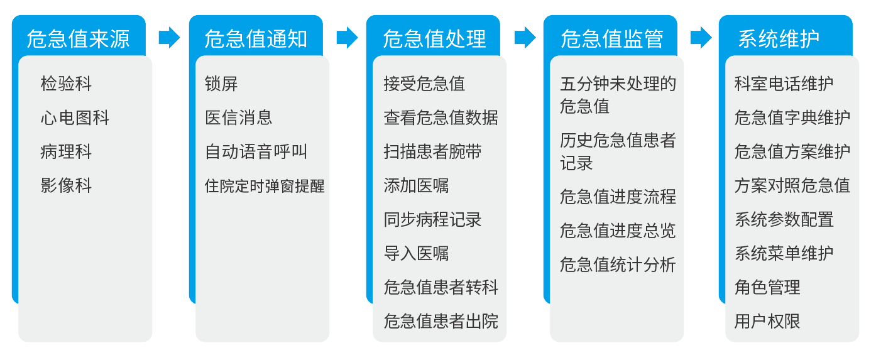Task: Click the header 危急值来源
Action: [78, 39]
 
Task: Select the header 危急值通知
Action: [256, 39]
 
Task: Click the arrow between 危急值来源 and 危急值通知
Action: [169, 38]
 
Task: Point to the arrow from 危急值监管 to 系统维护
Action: [701, 38]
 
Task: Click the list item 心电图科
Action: [75, 117]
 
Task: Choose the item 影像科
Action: [66, 185]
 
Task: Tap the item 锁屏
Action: [221, 84]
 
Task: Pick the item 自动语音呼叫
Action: [256, 151]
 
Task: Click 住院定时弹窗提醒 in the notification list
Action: [265, 185]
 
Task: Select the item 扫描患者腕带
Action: [432, 151]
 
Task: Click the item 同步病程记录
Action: [432, 219]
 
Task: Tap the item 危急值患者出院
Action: [441, 321]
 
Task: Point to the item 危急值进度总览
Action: [618, 231]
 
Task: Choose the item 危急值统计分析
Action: [618, 265]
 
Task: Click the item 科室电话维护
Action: [784, 84]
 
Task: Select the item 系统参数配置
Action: [784, 219]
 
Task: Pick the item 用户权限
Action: [767, 321]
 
